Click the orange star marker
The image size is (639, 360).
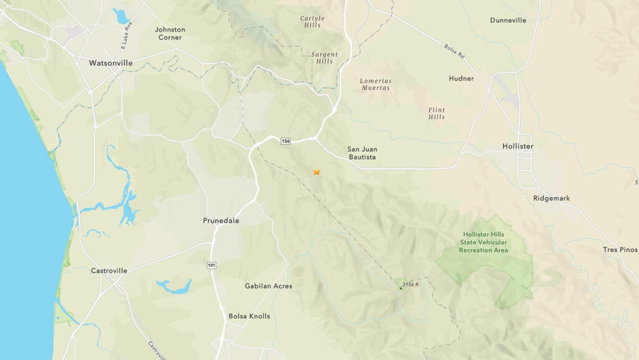(x=317, y=172)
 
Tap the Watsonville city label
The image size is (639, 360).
(x=111, y=63)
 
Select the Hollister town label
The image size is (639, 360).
(x=518, y=146)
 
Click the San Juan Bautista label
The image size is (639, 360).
(x=362, y=153)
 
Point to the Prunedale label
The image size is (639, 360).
(x=221, y=221)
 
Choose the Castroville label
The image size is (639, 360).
(x=109, y=271)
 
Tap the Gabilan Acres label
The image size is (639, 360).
(x=269, y=286)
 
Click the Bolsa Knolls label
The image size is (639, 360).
(x=249, y=316)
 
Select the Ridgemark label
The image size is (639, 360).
(x=552, y=198)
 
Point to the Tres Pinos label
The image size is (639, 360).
(x=620, y=249)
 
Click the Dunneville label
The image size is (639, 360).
(x=508, y=21)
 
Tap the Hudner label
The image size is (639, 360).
(x=461, y=79)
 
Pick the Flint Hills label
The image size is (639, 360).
(x=437, y=113)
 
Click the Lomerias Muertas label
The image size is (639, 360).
(x=375, y=84)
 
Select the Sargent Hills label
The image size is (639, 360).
(x=324, y=58)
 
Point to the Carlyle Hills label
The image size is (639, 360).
(x=312, y=22)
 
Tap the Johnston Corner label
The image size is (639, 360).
(x=170, y=33)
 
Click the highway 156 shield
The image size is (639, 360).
(x=285, y=141)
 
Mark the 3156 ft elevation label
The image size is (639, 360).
(x=410, y=284)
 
